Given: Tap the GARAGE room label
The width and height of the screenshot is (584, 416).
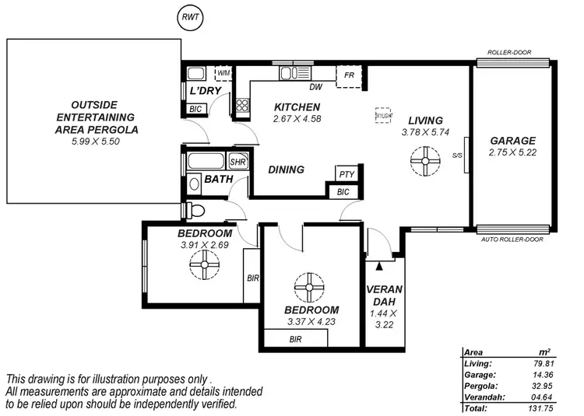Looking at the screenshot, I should click(x=512, y=141).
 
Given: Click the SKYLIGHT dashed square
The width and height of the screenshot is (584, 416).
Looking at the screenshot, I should click(x=383, y=114).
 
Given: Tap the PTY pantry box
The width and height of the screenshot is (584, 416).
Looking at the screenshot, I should click(x=345, y=174).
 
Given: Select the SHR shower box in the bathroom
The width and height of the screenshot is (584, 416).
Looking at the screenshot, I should click(x=237, y=163).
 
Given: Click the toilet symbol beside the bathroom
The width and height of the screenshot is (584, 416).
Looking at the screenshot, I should click(x=195, y=210).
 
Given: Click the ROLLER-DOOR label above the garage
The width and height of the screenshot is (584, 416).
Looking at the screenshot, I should click(x=510, y=53).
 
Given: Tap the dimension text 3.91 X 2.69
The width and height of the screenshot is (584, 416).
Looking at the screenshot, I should click(x=205, y=245).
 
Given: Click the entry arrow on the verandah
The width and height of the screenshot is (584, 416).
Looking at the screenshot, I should click(x=379, y=266).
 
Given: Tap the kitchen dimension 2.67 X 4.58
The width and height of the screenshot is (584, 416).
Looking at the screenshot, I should click(x=297, y=119).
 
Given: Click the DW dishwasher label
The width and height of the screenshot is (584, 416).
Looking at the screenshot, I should click(x=315, y=87).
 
